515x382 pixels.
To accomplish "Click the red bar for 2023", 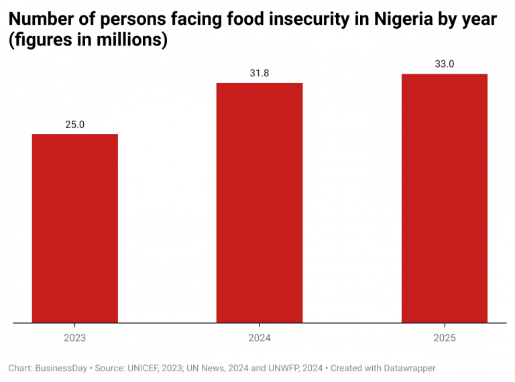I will (x=75, y=228).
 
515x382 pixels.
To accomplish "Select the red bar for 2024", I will (x=260, y=202).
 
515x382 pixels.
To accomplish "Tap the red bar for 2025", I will (x=444, y=198).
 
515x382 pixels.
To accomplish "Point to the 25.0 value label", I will (x=75, y=125).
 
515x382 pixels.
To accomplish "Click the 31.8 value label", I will (x=260, y=73).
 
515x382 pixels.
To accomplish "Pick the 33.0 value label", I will (x=444, y=64).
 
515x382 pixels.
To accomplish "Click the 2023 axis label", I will (x=75, y=338).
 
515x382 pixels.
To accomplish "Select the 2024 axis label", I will (x=260, y=338).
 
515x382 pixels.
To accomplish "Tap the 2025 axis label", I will (x=444, y=338).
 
